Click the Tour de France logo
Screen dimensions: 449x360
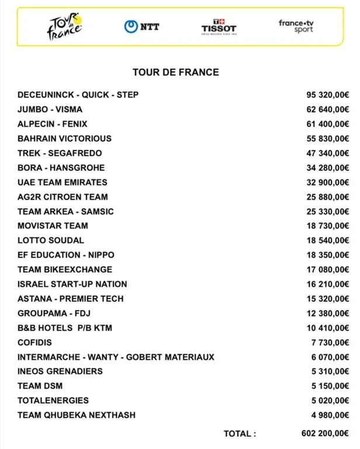tap(65, 26)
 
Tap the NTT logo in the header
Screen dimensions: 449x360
tap(141, 26)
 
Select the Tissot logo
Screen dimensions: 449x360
tap(219, 26)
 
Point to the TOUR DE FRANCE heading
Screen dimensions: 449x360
tap(176, 72)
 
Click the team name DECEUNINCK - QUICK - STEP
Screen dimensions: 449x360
tap(78, 95)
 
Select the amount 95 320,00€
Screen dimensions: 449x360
tap(327, 95)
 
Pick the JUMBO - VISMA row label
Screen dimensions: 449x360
tap(50, 109)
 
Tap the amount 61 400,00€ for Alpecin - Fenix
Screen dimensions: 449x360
tap(327, 124)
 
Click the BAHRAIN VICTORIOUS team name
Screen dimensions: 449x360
tap(64, 138)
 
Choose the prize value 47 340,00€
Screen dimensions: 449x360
tap(327, 153)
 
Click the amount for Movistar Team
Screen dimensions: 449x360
tap(327, 226)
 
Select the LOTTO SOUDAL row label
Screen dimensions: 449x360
tap(51, 240)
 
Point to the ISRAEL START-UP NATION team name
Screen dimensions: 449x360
tap(72, 284)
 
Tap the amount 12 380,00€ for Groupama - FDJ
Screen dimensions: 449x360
tap(327, 313)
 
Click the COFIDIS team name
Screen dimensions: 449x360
tap(34, 342)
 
